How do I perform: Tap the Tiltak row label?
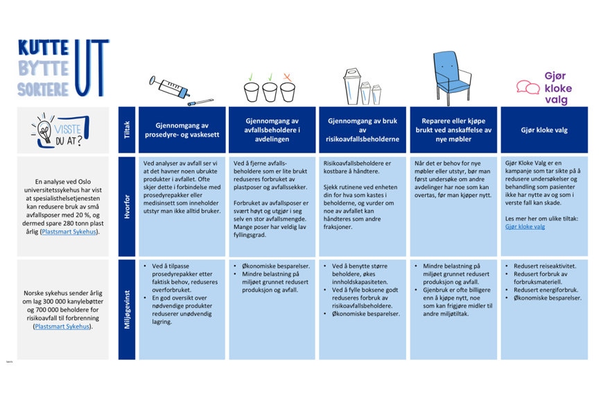(x=126, y=130)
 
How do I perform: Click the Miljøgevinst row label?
(x=126, y=310)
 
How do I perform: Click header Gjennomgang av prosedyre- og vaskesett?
(x=182, y=130)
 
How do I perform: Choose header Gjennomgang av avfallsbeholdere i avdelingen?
(x=272, y=130)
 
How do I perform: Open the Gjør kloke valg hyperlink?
(x=525, y=227)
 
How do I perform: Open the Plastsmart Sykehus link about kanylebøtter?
(x=64, y=325)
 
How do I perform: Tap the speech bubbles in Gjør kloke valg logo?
(x=528, y=87)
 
